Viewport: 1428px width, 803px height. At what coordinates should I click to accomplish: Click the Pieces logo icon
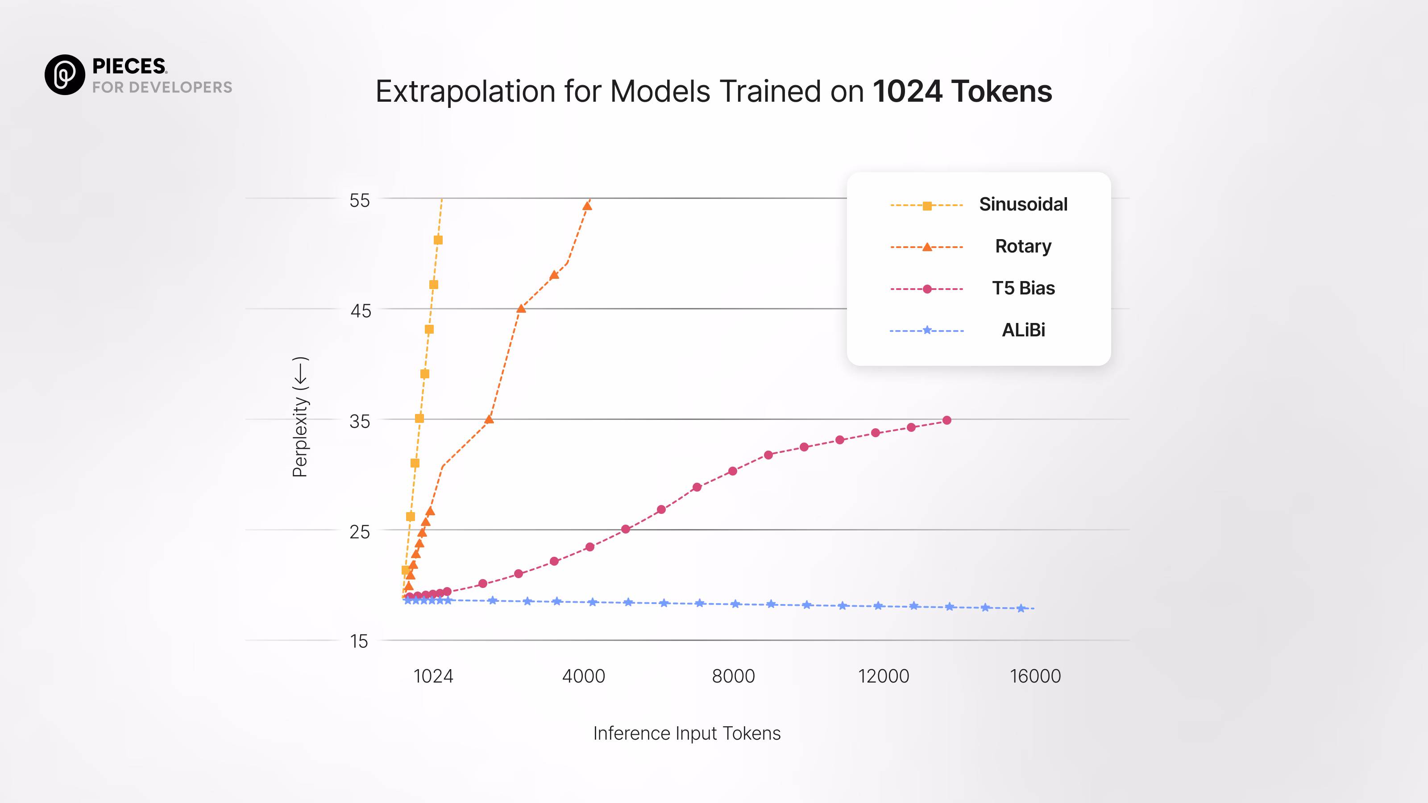[x=65, y=75]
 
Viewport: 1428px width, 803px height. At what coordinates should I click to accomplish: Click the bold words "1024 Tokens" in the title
[x=962, y=91]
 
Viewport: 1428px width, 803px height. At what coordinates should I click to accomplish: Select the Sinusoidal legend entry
[x=1023, y=204]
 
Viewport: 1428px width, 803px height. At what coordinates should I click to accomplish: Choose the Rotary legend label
[x=1023, y=246]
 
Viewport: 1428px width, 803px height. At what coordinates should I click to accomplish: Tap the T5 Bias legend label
[x=1023, y=288]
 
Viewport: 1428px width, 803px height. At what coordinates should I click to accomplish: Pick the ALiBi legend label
[x=1023, y=330]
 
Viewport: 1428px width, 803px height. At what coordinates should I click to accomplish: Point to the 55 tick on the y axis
[x=359, y=201]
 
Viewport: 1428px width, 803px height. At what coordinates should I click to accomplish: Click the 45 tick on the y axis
[x=360, y=311]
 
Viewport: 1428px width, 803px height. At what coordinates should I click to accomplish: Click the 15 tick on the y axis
[x=359, y=641]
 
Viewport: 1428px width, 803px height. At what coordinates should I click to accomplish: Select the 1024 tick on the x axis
[x=433, y=676]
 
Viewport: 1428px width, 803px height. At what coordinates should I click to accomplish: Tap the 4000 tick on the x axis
[x=583, y=676]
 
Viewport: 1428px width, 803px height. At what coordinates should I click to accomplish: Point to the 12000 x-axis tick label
[x=883, y=676]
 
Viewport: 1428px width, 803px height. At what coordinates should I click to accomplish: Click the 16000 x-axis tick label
[x=1035, y=676]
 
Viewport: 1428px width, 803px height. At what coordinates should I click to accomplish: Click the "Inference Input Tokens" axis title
[x=686, y=733]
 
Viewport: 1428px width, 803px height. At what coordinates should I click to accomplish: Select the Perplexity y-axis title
[x=300, y=417]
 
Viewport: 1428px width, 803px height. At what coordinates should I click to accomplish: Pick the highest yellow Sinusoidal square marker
[x=438, y=240]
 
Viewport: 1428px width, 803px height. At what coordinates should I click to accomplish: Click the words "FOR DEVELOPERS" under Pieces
[x=162, y=87]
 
